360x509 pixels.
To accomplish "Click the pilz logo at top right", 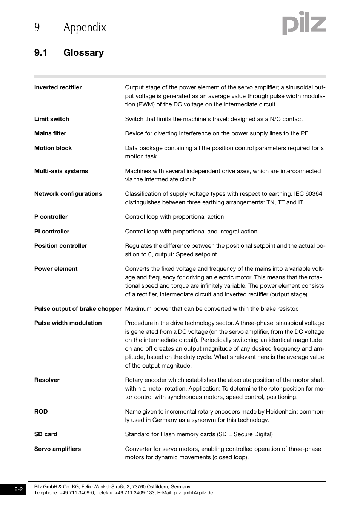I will click(304, 23).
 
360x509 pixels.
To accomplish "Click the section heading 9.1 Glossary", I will click(69, 53).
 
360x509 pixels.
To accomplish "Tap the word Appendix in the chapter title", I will click(85, 27).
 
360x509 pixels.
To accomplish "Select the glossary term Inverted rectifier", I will click(58, 87).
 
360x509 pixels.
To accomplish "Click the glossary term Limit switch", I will click(52, 119).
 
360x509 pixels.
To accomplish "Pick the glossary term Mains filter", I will click(50, 133).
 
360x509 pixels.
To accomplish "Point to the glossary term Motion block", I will click(53, 148).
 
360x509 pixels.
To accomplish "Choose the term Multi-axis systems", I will click(61, 171).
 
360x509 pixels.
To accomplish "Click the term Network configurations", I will click(68, 194).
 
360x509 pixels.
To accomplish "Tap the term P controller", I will click(51, 217).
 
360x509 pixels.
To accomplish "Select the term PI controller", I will click(52, 232).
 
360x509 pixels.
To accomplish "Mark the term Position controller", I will click(60, 246).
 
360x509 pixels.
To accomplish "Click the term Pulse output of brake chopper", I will click(78, 309).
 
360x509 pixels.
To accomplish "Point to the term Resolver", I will click(47, 380).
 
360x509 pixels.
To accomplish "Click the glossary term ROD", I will click(41, 412).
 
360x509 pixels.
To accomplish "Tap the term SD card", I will click(46, 434).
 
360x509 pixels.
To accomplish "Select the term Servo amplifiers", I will click(57, 449).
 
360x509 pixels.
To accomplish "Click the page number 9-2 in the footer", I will click(19, 489).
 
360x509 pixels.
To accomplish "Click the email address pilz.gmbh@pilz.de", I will click(193, 493).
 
